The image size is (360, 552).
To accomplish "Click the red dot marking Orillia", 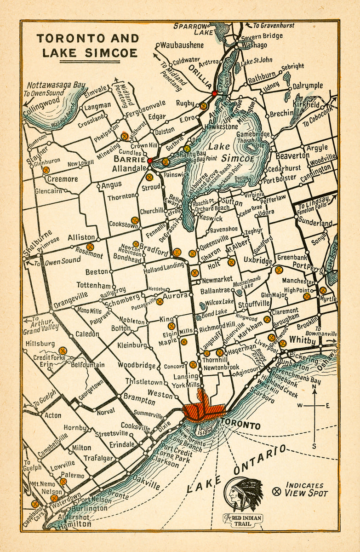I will point(214,93).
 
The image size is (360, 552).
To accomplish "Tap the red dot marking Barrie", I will point(150,160).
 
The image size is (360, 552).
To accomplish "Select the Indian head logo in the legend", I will point(244,494).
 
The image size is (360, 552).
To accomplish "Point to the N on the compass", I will point(314,387).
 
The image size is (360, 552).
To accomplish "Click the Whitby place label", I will point(303,341).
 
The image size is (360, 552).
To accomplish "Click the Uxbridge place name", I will point(258,261).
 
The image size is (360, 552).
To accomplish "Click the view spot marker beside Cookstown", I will point(135,220).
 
